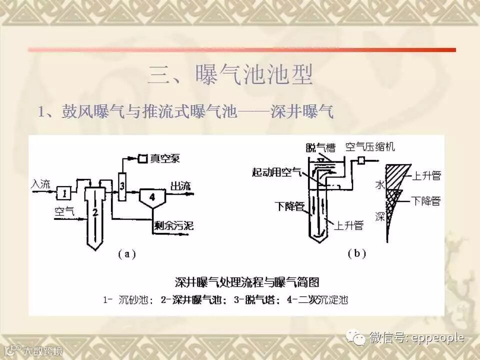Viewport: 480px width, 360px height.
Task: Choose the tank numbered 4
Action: (152, 196)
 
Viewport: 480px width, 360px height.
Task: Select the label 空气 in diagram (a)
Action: (64, 211)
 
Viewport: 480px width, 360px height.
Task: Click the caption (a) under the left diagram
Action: (127, 253)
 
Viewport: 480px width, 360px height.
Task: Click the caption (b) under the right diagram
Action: (357, 253)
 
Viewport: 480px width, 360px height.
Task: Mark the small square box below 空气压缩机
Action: (360, 161)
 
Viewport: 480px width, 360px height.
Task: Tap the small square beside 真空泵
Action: (142, 158)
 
